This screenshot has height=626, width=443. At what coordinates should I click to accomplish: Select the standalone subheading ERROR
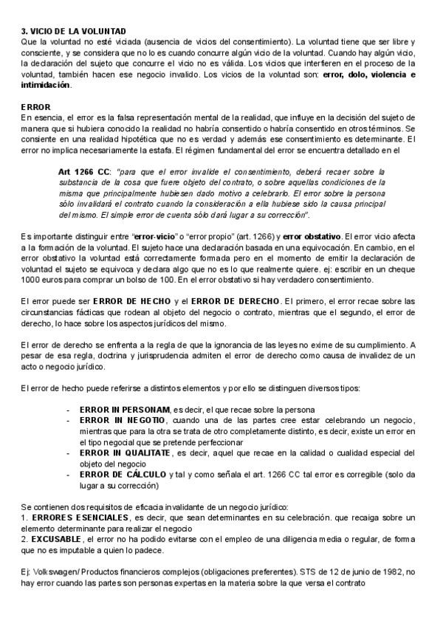[36, 107]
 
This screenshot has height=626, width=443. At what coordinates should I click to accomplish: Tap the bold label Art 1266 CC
[84, 171]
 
